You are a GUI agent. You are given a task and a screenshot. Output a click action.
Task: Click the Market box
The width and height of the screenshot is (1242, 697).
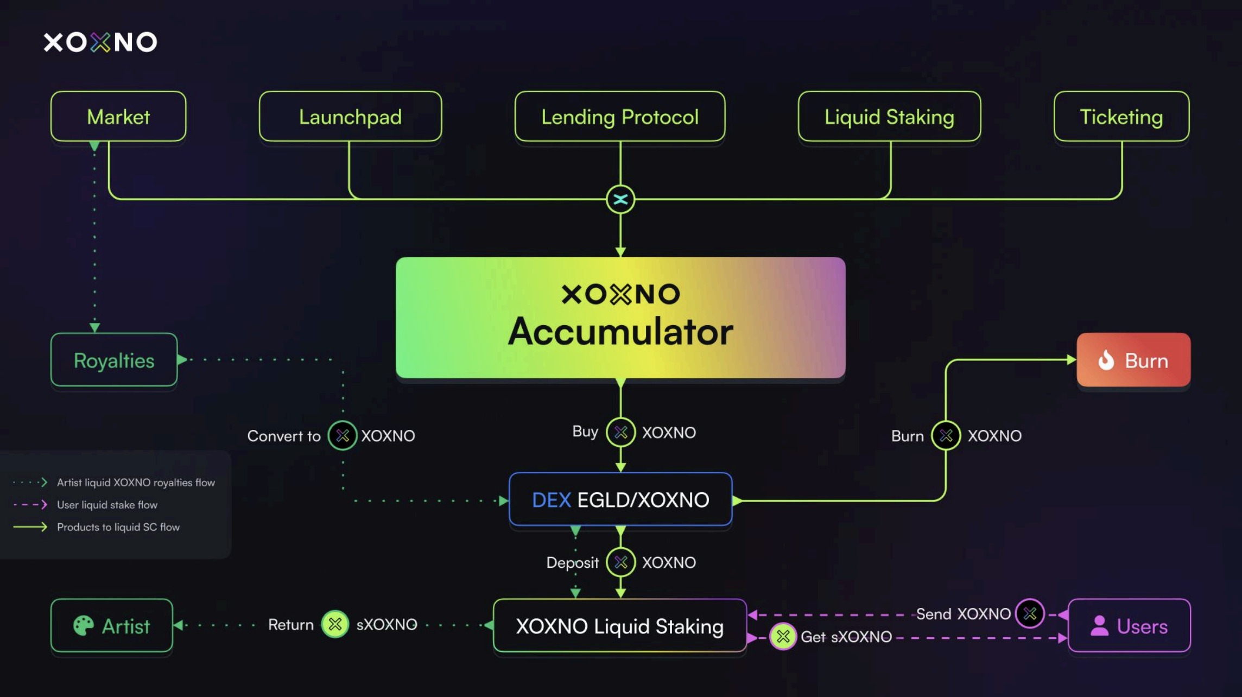pos(118,117)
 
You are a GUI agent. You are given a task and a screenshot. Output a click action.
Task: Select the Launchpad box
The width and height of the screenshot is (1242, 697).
pos(350,117)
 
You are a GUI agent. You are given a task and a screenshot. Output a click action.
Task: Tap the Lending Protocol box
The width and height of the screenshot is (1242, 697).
pos(619,117)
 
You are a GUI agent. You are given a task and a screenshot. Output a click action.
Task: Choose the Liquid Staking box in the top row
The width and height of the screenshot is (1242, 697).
pos(889,117)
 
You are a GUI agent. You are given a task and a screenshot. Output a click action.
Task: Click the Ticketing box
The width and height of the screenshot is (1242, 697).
pos(1121,117)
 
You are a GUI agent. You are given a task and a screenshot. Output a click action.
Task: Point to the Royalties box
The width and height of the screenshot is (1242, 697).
pos(114,360)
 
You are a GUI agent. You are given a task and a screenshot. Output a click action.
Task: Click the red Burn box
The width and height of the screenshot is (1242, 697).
pos(1133,360)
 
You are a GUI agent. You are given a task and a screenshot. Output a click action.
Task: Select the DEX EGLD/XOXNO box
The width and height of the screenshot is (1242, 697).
pos(620,499)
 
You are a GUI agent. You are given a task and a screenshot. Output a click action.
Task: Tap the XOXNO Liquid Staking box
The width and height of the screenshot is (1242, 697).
pos(619,626)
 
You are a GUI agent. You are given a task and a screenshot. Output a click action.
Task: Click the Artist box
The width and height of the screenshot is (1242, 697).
pos(112,626)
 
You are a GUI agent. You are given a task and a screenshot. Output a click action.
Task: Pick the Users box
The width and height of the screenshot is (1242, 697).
pos(1129,626)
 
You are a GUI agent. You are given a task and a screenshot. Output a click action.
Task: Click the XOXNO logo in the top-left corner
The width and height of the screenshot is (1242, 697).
pos(100,42)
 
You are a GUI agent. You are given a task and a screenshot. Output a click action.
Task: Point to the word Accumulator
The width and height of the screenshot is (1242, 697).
pos(620,331)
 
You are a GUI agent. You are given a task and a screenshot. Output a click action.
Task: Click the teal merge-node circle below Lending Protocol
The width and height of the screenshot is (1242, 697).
pos(620,199)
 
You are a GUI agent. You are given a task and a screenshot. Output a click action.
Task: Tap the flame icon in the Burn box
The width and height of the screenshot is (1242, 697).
pos(1106,360)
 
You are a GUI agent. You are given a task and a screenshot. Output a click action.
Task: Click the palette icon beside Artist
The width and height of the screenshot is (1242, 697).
pos(84,626)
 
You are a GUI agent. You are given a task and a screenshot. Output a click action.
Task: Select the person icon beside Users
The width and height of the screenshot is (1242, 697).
pos(1099,626)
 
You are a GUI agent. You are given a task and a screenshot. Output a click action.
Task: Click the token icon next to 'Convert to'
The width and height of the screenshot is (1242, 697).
pos(343,435)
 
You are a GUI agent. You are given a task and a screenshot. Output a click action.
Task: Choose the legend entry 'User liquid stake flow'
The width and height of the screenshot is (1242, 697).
pos(107,505)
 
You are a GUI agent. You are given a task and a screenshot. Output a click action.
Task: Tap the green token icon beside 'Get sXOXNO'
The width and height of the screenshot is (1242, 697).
pos(783,637)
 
